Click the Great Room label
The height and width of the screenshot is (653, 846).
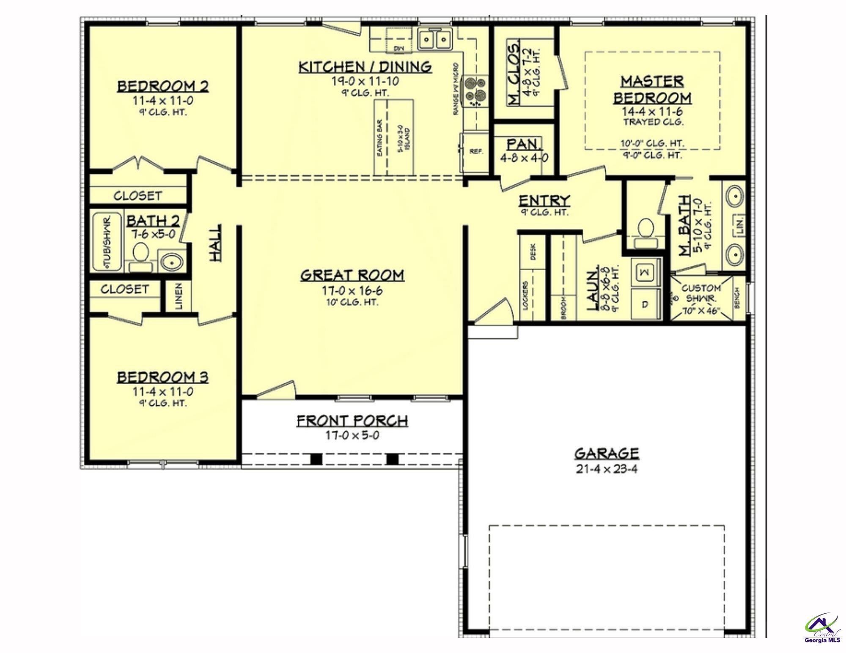(352, 275)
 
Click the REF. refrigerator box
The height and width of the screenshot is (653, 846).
(476, 152)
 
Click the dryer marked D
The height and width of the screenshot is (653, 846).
(645, 304)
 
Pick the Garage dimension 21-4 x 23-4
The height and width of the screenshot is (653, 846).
(606, 469)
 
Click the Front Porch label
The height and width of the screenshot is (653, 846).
(352, 421)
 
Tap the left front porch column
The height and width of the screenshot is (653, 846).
(316, 459)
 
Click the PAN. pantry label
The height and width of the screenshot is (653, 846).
(525, 145)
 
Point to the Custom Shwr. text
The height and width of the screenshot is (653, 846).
(701, 293)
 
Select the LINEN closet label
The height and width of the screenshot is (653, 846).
(179, 296)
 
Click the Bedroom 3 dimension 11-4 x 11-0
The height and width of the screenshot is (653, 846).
(163, 392)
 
